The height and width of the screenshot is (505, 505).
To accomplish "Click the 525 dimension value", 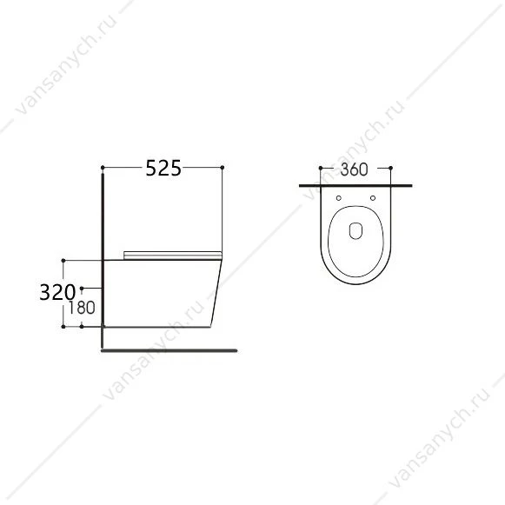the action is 163,168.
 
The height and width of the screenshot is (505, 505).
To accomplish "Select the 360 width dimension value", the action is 354,169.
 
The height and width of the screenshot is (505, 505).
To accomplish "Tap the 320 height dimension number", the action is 57,292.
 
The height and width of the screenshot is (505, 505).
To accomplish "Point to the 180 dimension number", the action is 82,308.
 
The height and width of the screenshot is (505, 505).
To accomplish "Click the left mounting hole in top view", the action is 338,198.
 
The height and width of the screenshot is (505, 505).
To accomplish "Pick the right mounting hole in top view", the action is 373,198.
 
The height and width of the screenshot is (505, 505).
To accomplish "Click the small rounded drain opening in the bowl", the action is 355,230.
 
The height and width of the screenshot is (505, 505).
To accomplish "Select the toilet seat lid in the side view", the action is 173,255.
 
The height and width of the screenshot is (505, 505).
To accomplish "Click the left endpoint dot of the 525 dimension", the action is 103,168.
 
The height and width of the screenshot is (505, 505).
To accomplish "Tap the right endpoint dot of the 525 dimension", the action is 223,168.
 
